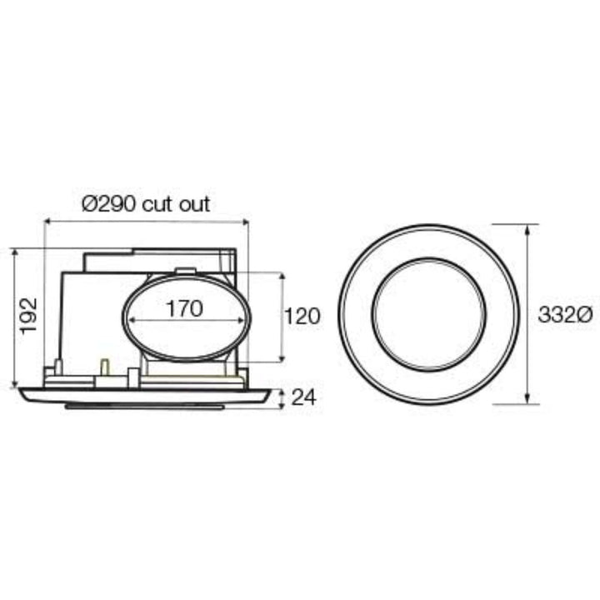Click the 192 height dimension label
pos(28,314)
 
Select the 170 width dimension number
pos(184,309)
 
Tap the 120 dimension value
pos(302,316)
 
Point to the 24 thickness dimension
pos(306,398)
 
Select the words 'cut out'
pos(176,203)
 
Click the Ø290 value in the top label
pos(110,203)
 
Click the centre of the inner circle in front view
pos(429,314)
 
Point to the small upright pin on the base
pos(105,367)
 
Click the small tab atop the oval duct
pos(185,270)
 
